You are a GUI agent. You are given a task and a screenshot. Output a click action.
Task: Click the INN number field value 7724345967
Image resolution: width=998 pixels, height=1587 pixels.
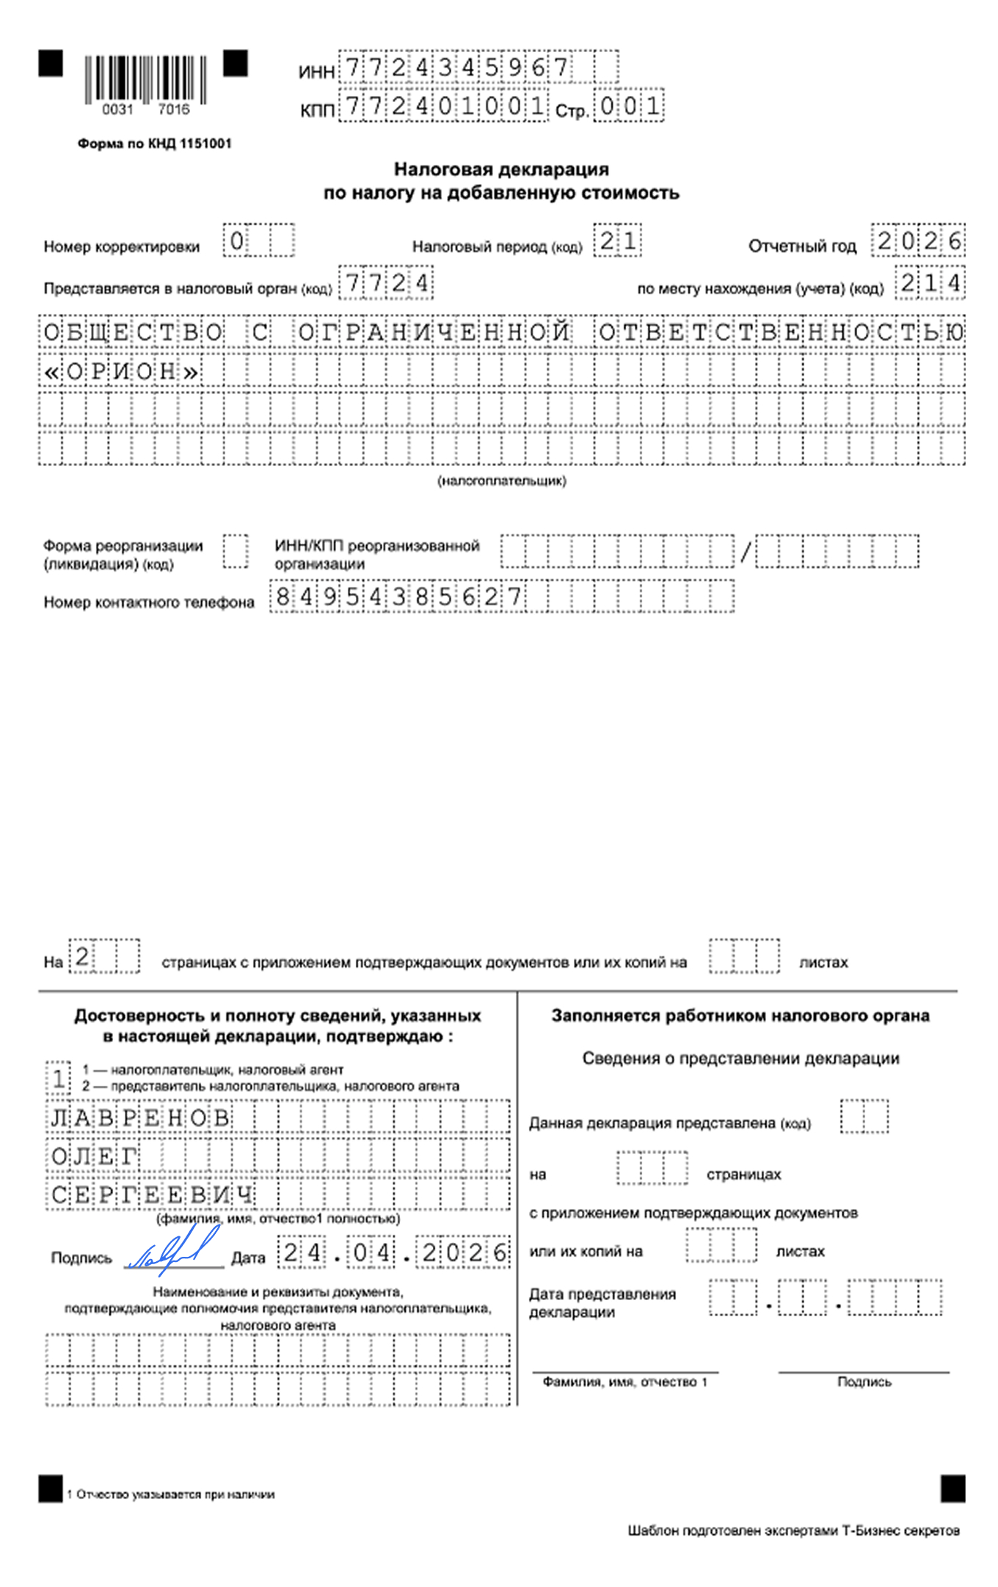click(456, 68)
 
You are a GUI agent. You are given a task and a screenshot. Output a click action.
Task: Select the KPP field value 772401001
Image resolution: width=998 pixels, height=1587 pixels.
click(445, 106)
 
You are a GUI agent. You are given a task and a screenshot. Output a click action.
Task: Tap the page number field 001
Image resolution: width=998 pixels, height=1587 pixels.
click(629, 106)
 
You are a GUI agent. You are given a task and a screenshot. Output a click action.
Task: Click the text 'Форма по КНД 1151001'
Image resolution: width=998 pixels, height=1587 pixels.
click(154, 144)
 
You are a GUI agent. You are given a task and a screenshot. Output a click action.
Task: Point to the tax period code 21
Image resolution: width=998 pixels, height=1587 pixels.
click(617, 241)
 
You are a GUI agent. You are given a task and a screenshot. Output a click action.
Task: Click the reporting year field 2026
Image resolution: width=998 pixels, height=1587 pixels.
click(919, 241)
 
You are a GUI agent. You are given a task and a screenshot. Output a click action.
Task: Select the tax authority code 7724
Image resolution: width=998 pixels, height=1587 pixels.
click(386, 283)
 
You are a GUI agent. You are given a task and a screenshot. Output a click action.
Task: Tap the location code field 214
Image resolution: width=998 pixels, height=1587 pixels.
click(930, 283)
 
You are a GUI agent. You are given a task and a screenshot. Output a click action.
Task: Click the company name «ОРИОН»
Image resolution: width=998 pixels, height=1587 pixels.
click(122, 372)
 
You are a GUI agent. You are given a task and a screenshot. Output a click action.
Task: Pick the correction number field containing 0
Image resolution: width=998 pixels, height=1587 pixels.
click(236, 241)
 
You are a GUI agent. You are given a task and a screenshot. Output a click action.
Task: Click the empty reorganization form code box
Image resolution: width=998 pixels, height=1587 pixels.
click(236, 551)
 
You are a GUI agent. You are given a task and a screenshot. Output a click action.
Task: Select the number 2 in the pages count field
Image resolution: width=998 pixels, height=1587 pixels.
click(82, 956)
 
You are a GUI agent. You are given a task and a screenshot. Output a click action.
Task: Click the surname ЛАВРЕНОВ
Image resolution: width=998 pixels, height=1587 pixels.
click(140, 1117)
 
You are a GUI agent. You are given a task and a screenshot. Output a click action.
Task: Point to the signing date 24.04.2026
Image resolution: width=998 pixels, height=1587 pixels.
click(393, 1252)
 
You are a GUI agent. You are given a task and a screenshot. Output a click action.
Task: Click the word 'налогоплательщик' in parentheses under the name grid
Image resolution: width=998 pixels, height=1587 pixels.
click(502, 481)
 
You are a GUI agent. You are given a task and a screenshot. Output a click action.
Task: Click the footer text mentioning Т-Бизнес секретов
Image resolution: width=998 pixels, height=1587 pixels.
click(793, 1530)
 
